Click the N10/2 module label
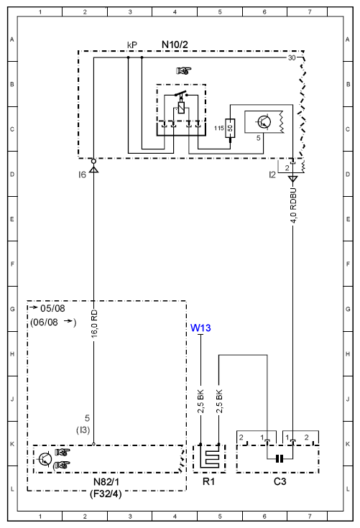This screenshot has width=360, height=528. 175,45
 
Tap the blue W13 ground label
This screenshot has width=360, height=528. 200,328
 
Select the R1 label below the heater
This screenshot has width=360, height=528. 208,481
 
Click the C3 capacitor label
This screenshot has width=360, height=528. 280,481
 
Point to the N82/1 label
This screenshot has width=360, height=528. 106,482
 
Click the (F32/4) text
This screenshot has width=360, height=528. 106,494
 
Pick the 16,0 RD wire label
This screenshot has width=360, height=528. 94,324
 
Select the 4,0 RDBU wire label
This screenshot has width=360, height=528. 293,205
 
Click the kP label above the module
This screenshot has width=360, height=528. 132,45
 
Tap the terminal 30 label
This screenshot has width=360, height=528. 292,58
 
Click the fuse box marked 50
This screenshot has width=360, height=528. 231,129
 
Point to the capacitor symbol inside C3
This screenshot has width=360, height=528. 280,458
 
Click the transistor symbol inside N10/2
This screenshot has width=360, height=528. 264,122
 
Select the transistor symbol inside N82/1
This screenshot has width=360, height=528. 45,458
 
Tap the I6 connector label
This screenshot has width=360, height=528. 82,175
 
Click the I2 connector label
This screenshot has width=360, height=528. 272,175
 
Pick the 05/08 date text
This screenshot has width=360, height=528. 52,308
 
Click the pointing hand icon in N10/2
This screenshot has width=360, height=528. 183,70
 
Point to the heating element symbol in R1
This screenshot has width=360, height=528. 210,458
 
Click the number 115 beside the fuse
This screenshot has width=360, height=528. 219,128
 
